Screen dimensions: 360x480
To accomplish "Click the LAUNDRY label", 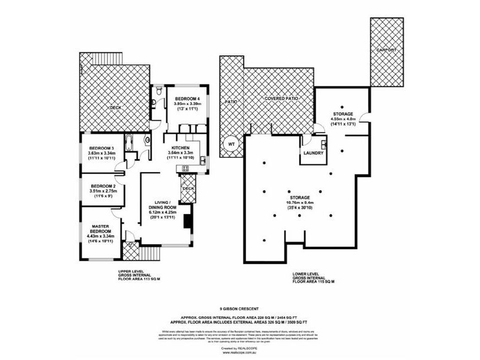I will click(314, 153).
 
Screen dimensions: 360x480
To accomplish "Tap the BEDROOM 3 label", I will click(101, 148).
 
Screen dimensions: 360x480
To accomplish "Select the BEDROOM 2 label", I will click(103, 187).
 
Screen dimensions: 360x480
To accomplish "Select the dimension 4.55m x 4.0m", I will click(343, 119).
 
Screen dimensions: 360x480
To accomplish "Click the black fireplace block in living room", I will click(188, 219).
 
